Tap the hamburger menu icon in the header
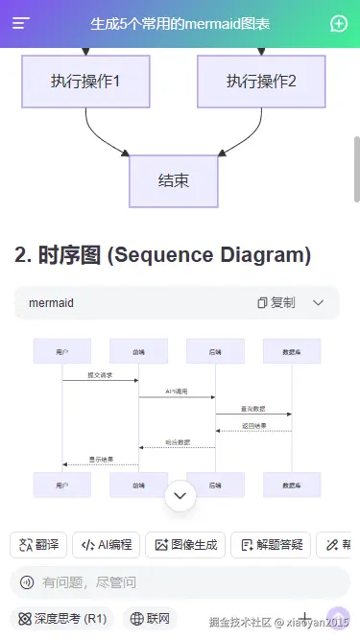coord(21,24)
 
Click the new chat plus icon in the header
coord(338,24)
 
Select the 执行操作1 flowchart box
coord(85,82)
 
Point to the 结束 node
coord(174,180)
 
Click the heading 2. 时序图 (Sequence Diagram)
coord(163,255)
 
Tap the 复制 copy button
coord(276,303)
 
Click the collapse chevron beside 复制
coord(319,303)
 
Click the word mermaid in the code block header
coord(51,303)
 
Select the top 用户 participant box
coord(61,352)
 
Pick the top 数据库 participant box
coord(292,352)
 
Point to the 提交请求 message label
coord(100,375)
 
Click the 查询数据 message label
coord(254,409)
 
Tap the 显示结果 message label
coord(101,459)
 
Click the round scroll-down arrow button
coord(180,496)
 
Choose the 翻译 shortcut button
coord(37,545)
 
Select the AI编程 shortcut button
coord(107,545)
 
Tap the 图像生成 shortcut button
coord(185,545)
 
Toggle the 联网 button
coord(152,619)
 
